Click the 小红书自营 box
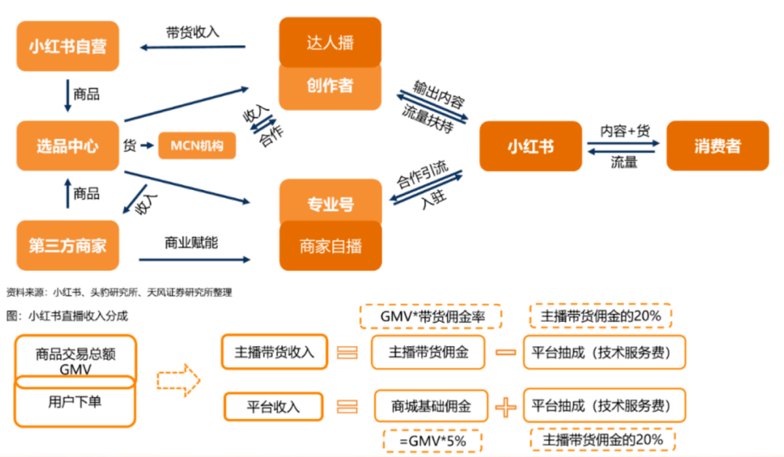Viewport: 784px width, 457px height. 68,46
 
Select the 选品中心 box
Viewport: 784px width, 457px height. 68,146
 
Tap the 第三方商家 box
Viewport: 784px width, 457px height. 68,245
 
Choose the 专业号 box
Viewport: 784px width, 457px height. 330,204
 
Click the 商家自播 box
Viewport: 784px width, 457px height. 330,246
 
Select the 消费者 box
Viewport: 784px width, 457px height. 717,146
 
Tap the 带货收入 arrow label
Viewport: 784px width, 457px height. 192,32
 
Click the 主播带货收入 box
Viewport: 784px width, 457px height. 274,352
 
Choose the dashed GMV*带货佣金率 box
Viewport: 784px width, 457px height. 431,317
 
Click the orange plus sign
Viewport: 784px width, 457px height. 506,407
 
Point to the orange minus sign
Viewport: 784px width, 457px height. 505,353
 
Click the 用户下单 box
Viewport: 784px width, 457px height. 74,400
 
